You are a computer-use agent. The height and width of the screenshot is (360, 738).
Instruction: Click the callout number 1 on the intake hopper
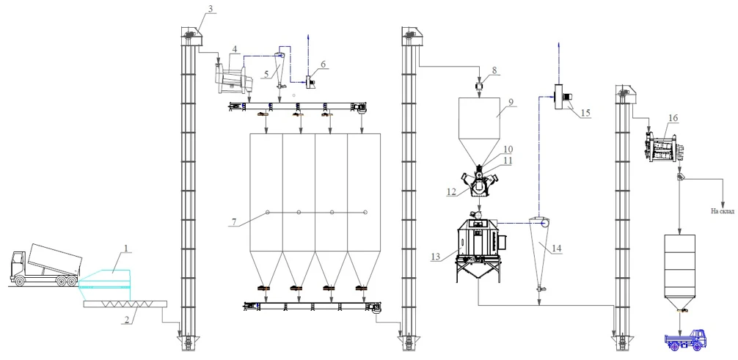coord(125,249)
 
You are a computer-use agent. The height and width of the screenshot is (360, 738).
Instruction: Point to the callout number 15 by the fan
coord(585,114)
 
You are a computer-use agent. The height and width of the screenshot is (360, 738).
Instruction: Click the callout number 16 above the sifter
coord(673,117)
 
